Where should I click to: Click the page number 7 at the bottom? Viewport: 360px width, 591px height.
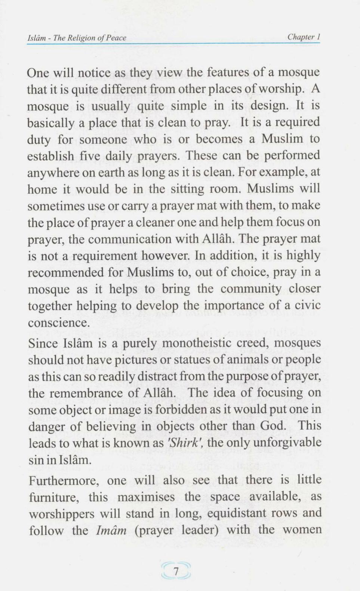pos(175,572)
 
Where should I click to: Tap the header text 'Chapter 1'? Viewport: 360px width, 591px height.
pos(304,37)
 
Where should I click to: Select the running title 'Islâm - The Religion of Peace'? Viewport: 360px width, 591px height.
pos(77,38)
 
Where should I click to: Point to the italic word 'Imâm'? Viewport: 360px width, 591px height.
pos(111,530)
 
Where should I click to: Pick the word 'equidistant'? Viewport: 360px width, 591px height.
pos(237,513)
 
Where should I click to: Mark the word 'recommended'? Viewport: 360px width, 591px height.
pos(65,272)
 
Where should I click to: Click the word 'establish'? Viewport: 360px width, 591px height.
pos(50,156)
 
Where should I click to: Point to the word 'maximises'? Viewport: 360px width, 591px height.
pos(146,497)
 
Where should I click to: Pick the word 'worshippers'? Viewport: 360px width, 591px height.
pos(62,514)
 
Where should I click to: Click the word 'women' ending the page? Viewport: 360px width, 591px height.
pos(302,530)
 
